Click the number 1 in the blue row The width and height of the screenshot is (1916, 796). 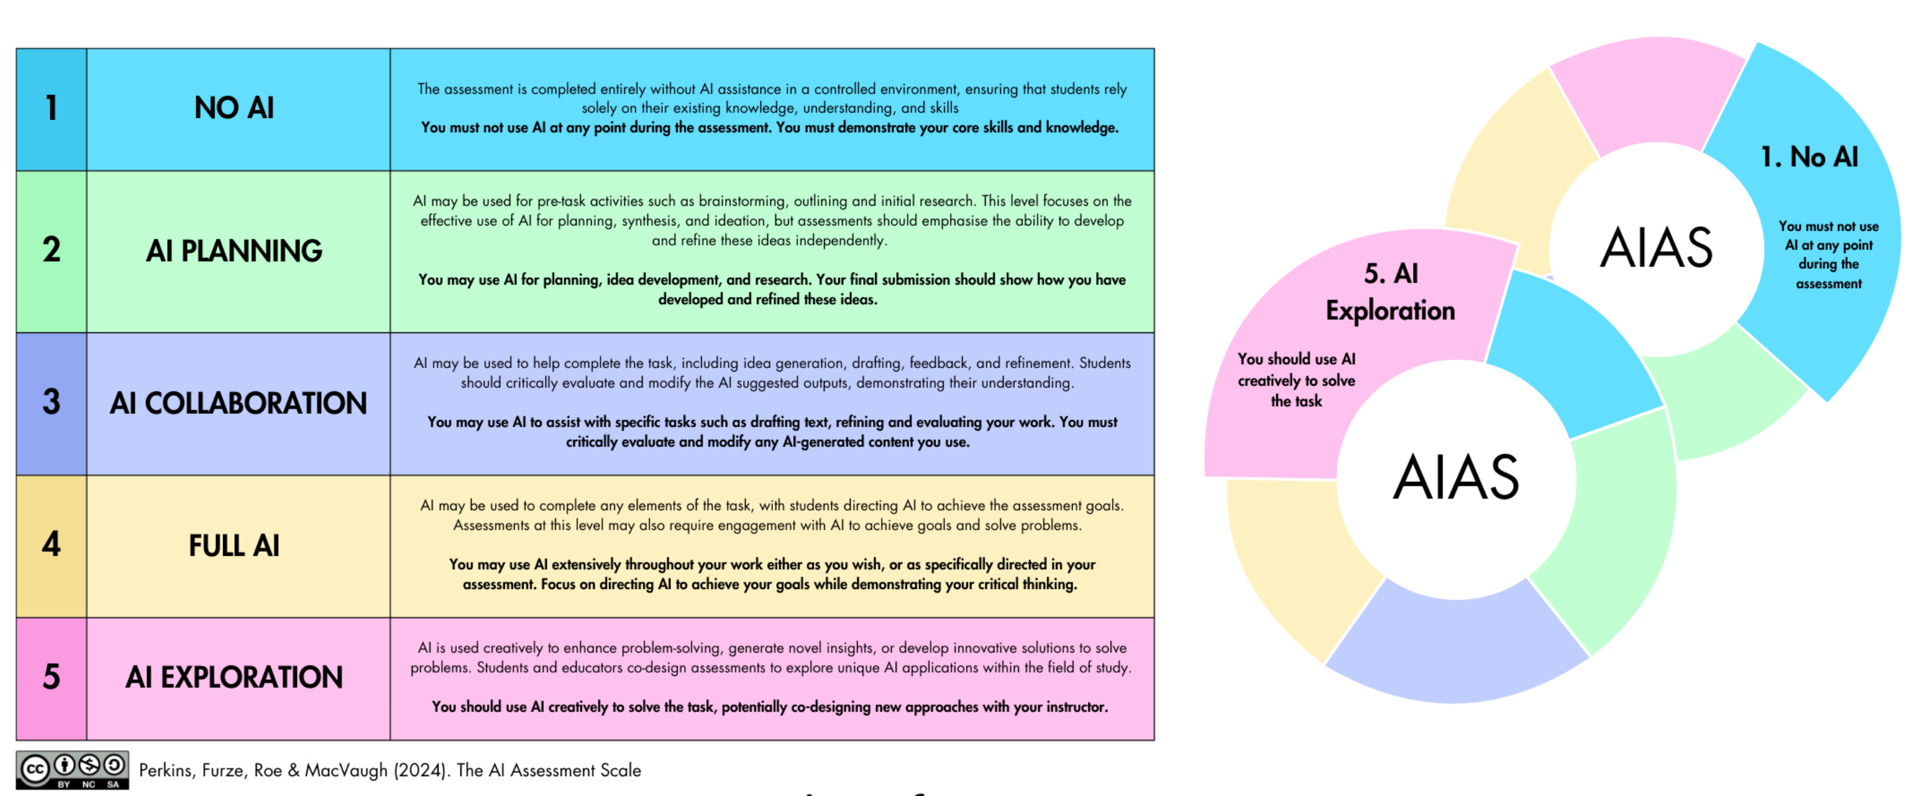51,109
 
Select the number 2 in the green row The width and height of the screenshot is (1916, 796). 51,250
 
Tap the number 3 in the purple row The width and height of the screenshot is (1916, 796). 51,403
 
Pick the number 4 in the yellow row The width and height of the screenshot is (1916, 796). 51,545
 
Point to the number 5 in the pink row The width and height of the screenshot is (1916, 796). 51,677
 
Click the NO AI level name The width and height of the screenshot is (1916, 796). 234,109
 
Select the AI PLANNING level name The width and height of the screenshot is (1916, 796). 234,251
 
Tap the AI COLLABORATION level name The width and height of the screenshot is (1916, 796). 238,403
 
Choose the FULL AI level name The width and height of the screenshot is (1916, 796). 234,546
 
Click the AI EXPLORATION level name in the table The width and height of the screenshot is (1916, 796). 234,678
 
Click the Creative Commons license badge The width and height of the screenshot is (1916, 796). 72,770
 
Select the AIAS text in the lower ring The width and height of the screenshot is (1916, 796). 1456,478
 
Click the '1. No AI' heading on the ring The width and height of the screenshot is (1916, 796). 1809,158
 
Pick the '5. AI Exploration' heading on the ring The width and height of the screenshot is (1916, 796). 1390,293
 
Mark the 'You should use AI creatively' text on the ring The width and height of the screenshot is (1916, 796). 1296,380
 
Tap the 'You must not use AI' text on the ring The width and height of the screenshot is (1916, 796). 1828,255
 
